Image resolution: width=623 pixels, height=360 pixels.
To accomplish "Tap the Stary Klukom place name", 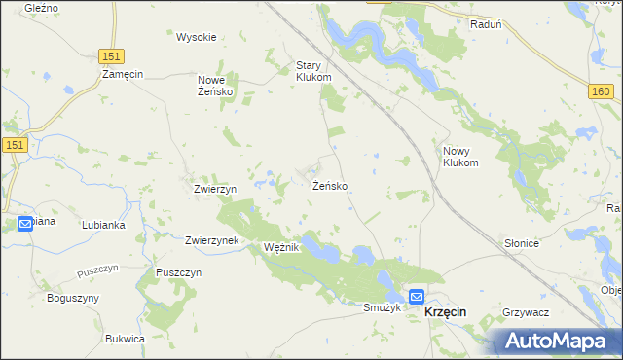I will tap(313, 71).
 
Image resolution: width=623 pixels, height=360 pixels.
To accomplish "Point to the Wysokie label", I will tap(196, 37).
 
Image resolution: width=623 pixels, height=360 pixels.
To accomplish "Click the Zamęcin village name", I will tap(123, 73).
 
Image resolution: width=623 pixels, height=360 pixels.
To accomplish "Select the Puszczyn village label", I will tap(178, 272).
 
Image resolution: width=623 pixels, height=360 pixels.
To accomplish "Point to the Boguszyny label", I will tap(67, 297).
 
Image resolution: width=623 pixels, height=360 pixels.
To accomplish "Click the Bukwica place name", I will tap(125, 338).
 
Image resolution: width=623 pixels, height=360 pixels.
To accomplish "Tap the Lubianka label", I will tap(103, 224).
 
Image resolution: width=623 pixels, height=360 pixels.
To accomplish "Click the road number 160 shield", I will tap(600, 90).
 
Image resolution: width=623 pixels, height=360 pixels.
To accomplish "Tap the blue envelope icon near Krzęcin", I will tap(417, 297).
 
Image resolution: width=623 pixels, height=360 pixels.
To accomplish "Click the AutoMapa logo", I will tap(558, 341).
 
